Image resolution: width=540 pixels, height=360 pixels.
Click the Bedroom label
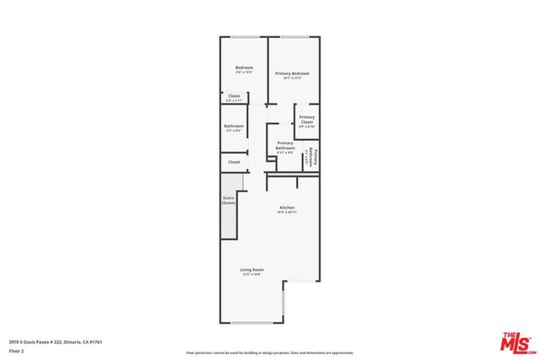click(x=244, y=67)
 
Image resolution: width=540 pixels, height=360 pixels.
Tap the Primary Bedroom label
click(x=293, y=73)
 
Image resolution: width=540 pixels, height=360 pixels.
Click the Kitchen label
click(x=287, y=207)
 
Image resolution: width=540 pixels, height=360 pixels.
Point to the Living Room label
click(x=252, y=270)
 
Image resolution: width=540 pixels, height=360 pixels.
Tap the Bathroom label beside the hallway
click(x=234, y=126)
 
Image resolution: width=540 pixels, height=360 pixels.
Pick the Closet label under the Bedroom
click(x=234, y=96)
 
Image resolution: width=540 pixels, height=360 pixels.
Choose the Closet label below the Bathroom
click(x=234, y=162)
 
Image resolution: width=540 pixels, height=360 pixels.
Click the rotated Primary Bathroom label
click(x=313, y=158)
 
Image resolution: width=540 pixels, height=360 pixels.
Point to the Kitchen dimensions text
click(x=287, y=212)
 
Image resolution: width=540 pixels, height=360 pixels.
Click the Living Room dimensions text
click(x=252, y=275)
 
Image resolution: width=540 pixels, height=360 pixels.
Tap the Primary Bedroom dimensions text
click(x=293, y=78)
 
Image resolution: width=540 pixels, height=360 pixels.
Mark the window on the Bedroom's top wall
click(x=245, y=37)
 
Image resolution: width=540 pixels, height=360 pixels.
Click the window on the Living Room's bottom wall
click(x=251, y=323)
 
